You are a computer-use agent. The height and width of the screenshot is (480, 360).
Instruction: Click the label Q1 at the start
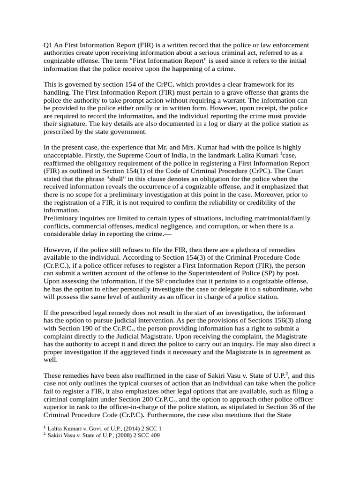48,45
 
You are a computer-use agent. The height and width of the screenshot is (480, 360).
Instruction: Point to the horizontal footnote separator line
77,424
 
